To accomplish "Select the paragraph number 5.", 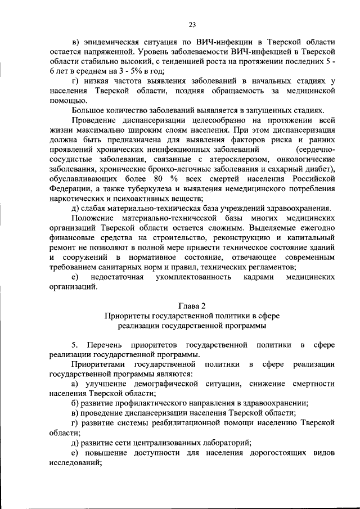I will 74,344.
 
